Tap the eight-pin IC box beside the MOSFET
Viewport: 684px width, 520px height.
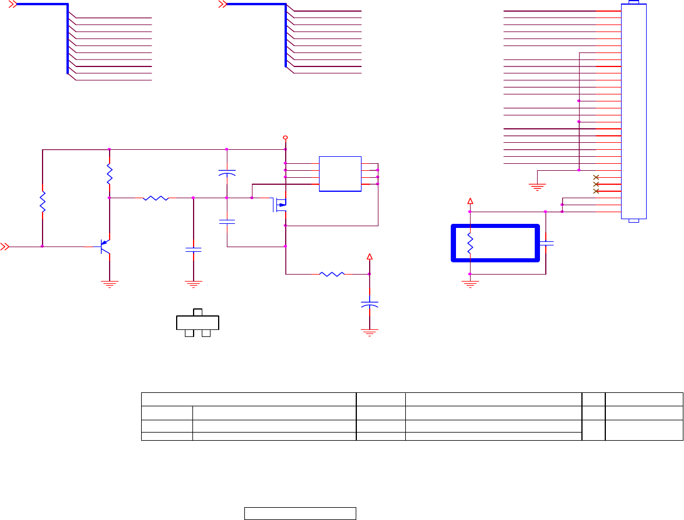click(x=340, y=174)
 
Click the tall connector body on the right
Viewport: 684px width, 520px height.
click(x=634, y=111)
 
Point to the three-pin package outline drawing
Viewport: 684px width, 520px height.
click(x=197, y=323)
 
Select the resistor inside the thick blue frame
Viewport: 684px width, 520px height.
click(x=470, y=243)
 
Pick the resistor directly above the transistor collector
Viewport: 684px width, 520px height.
click(x=109, y=175)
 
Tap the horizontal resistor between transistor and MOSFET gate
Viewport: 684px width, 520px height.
click(x=156, y=198)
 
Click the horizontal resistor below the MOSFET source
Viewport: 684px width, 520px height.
click(x=332, y=273)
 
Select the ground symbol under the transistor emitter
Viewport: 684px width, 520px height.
click(x=109, y=284)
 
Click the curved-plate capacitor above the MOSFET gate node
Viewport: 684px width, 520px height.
click(x=226, y=173)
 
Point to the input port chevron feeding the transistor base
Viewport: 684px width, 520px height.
click(x=5, y=247)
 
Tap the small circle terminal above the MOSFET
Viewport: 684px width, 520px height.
click(x=285, y=138)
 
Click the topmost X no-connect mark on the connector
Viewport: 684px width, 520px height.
click(x=596, y=177)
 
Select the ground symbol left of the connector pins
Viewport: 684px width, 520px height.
click(x=536, y=187)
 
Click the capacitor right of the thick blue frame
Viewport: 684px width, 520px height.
click(x=546, y=243)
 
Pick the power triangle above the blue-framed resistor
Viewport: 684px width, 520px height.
click(x=470, y=202)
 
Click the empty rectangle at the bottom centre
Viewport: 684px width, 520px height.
click(x=300, y=513)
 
